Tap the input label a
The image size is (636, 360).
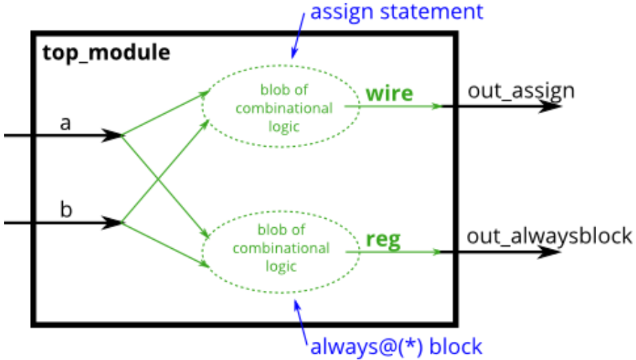point(66,123)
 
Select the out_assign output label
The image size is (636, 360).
point(521,90)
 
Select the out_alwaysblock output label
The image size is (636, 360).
point(549,236)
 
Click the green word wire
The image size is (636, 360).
point(389,93)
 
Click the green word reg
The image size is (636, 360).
point(383,240)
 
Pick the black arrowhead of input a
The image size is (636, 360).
point(112,136)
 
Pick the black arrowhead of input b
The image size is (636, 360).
point(112,223)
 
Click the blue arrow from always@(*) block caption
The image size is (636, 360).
point(302,317)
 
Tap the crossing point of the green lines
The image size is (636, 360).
point(161,180)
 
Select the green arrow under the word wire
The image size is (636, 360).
point(398,106)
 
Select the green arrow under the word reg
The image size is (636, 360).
point(398,251)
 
